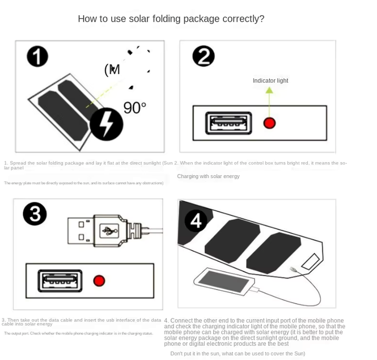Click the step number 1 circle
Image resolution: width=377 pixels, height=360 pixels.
[37, 57]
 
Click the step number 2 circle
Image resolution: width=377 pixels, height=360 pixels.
[203, 57]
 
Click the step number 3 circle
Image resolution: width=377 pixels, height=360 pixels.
[35, 215]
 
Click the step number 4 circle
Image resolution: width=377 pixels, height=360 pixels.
[196, 220]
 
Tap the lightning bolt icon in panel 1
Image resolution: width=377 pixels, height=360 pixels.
[107, 124]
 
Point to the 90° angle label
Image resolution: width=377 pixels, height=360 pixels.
[135, 107]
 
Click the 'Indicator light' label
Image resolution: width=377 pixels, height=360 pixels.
[270, 81]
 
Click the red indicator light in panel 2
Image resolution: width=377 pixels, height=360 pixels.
[269, 123]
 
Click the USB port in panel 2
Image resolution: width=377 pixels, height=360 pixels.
[228, 123]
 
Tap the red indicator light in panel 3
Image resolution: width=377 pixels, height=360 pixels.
[99, 281]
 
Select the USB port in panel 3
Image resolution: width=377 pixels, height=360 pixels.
[61, 281]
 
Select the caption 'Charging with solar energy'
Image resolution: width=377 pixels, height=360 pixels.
[208, 176]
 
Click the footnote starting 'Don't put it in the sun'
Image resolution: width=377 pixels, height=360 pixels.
[238, 353]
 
